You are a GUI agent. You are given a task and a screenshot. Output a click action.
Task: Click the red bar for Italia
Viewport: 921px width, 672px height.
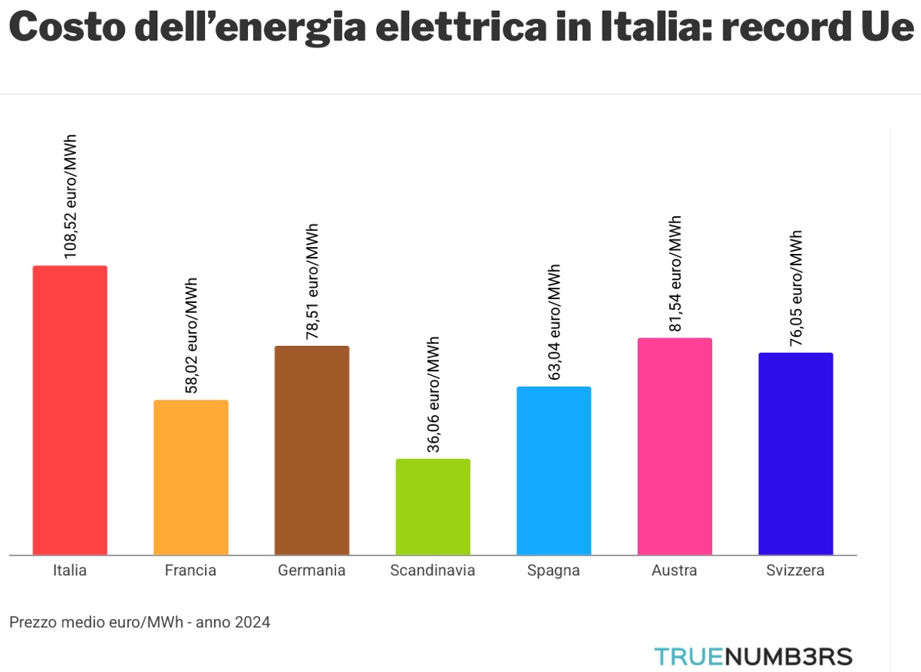[70, 410]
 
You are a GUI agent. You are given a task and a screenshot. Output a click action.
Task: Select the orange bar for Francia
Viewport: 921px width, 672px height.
[191, 477]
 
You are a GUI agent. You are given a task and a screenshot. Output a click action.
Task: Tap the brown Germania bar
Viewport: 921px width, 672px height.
[312, 450]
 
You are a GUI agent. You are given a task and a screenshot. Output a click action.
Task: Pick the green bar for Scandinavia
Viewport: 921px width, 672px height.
[433, 507]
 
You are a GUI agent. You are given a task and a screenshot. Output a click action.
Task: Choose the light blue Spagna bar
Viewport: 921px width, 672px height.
[553, 470]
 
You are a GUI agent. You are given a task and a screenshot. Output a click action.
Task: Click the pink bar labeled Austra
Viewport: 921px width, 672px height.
[675, 446]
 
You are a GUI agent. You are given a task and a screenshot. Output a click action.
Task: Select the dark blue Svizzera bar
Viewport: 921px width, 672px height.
[795, 453]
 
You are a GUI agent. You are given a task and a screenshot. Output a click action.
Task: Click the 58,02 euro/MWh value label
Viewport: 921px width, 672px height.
[192, 335]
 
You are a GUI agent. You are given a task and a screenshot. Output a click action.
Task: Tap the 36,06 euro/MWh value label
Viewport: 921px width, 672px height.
[434, 394]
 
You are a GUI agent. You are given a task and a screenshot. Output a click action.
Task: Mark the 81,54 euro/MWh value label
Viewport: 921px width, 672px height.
[675, 274]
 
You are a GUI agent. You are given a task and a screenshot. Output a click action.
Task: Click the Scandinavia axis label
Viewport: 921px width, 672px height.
[432, 571]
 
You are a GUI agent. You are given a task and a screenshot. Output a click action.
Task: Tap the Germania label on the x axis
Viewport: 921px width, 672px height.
[312, 571]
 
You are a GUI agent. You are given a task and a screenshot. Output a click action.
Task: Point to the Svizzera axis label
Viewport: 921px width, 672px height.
[795, 571]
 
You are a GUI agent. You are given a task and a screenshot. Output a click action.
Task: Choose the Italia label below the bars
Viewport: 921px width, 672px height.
[70, 571]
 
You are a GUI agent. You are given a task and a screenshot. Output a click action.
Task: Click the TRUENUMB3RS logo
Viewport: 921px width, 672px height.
[753, 657]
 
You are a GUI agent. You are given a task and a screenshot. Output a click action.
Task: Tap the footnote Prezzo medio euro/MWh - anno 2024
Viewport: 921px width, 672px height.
[140, 622]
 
